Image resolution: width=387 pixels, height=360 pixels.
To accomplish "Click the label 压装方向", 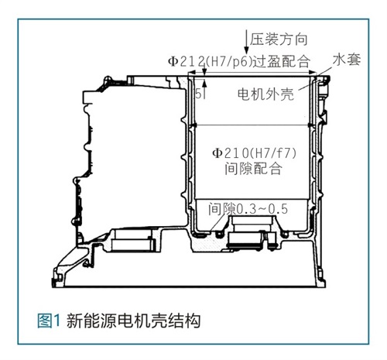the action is click(x=279, y=39).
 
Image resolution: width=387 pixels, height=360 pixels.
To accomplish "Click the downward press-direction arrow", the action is click(x=246, y=43).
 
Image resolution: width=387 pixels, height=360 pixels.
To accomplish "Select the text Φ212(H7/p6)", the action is click(x=210, y=62).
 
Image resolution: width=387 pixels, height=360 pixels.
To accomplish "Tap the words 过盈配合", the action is click(x=281, y=62).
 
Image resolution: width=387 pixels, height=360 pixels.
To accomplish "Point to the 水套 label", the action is click(x=347, y=60).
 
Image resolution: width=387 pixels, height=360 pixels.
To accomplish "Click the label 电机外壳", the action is click(x=265, y=94).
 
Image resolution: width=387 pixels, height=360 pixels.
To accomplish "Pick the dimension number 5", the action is click(x=198, y=94).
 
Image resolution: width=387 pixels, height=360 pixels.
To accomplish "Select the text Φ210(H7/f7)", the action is click(x=254, y=154).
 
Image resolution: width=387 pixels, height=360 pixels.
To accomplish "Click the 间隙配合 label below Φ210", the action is click(x=253, y=169).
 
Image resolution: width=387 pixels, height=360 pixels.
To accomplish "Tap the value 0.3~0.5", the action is click(x=262, y=209).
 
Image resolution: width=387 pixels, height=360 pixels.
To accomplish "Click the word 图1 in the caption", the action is click(x=49, y=321).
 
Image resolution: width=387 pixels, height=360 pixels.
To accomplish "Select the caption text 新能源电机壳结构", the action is click(x=133, y=321).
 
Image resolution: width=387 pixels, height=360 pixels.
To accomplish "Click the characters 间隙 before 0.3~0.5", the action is click(x=222, y=209).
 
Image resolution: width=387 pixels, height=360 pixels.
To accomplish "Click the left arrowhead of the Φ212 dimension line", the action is click(x=191, y=73).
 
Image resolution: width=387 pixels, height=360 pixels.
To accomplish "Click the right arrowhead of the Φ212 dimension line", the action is click(x=313, y=73).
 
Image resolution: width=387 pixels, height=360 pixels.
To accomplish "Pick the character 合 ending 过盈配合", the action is click(x=303, y=62).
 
